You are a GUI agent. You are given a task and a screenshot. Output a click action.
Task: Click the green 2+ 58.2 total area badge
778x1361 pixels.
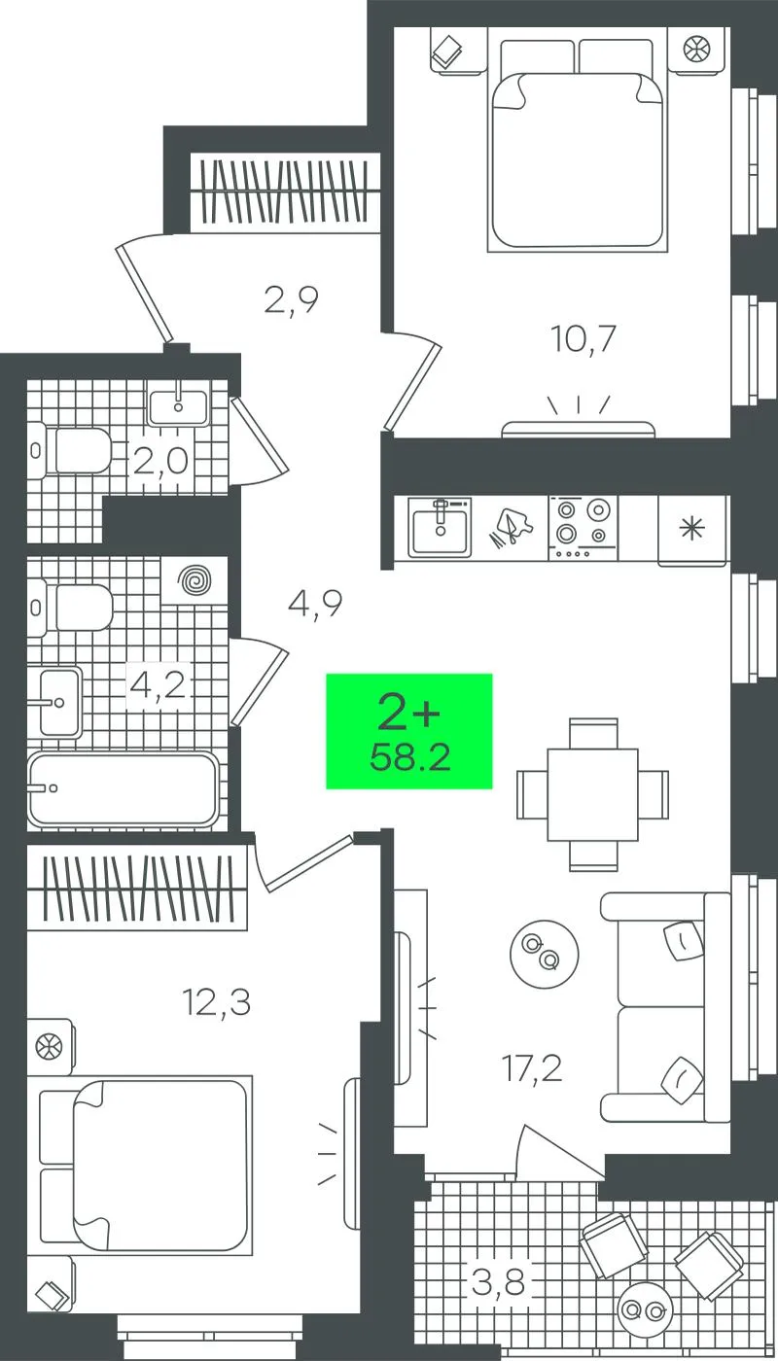[x=409, y=731]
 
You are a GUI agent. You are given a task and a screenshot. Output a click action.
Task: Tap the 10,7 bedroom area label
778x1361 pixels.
[x=583, y=339]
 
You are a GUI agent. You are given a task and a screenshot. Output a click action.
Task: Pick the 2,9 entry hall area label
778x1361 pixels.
[x=291, y=299]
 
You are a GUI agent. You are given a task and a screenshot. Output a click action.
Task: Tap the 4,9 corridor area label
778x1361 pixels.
[x=315, y=603]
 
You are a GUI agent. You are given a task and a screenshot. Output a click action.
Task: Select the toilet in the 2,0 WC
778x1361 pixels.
[x=72, y=451]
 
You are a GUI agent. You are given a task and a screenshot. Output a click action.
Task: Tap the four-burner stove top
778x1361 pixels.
[x=583, y=527]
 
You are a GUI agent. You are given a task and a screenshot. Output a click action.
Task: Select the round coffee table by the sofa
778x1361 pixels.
[x=544, y=952]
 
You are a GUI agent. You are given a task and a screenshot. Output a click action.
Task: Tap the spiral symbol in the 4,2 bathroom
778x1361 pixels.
[x=195, y=581]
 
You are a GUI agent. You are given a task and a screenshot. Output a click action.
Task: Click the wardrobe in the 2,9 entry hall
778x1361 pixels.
[x=286, y=192]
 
